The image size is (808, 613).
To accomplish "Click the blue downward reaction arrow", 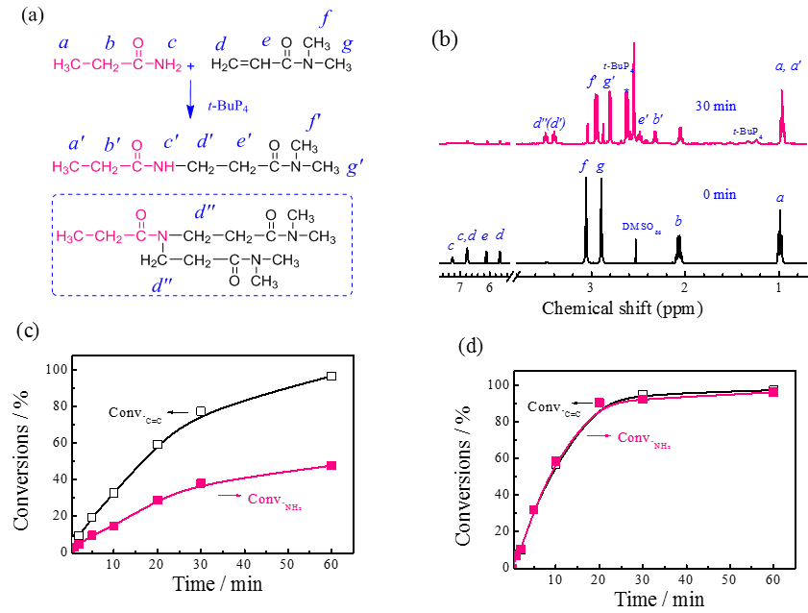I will pyautogui.click(x=190, y=99).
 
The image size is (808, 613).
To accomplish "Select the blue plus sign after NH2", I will pyautogui.click(x=191, y=65).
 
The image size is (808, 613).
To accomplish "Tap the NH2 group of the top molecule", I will pyautogui.click(x=167, y=65).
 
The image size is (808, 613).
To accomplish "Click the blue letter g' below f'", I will pyautogui.click(x=354, y=168).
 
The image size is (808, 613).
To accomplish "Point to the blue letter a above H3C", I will pyautogui.click(x=63, y=43).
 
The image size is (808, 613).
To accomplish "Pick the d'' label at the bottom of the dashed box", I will pyautogui.click(x=161, y=285).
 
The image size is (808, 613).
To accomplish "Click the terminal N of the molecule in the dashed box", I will pyautogui.click(x=164, y=236).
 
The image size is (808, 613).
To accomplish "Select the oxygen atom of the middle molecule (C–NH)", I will pyautogui.click(x=137, y=146).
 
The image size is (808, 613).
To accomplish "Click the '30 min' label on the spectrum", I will pyautogui.click(x=716, y=107).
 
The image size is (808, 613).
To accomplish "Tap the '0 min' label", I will pyautogui.click(x=719, y=194).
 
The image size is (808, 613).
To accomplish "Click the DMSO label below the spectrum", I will pyautogui.click(x=638, y=227).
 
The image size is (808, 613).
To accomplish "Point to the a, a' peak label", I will pyautogui.click(x=788, y=66).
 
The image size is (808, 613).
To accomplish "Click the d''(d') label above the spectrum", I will pyautogui.click(x=549, y=123).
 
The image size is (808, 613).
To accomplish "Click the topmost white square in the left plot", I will pyautogui.click(x=331, y=376).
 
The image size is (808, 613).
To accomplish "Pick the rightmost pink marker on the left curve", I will pyautogui.click(x=331, y=465).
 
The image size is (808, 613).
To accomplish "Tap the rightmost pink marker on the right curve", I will pyautogui.click(x=773, y=392).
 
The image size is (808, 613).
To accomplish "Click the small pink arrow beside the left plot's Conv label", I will pyautogui.click(x=229, y=496).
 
